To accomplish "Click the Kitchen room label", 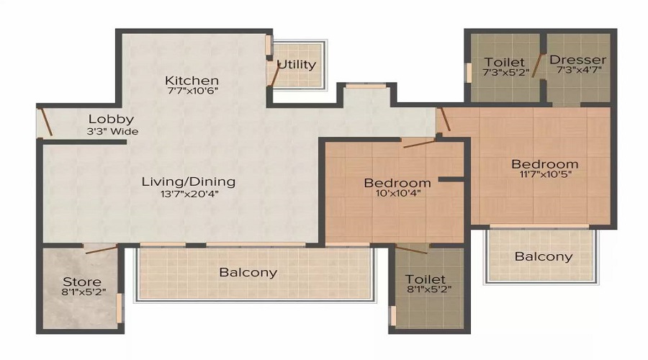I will coord(191,80).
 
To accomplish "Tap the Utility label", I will coord(297,64).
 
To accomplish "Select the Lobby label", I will coord(111,119).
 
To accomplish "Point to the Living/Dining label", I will coord(188,181).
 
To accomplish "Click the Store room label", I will coord(81,281).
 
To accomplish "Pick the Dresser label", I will coord(577,60).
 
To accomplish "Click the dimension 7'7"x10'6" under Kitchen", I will coord(191,91).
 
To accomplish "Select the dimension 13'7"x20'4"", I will coord(188,193).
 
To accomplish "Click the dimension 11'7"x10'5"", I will coord(544,175).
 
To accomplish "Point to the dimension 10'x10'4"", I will coord(397,194).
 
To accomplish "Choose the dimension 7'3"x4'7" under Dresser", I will coord(577,71).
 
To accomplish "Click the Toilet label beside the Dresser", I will coord(504,62).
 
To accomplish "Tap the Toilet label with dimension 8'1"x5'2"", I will coord(425,279).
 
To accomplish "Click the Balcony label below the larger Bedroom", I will coord(544,256).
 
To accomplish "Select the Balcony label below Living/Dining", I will coord(248,272).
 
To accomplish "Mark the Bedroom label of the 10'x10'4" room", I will coord(397,182).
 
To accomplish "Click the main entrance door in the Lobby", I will coord(45,121).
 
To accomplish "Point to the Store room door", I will coord(100,250).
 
